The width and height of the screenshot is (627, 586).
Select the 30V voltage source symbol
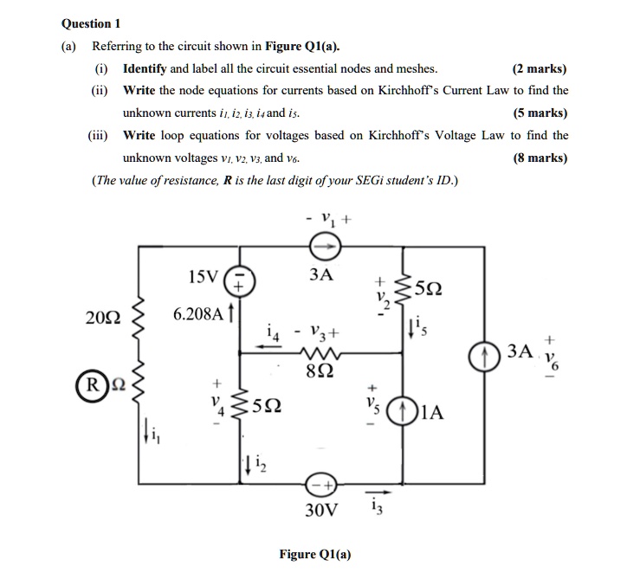[x=321, y=484]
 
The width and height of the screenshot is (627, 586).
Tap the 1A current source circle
[x=399, y=412]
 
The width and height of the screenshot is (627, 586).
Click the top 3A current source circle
[x=321, y=248]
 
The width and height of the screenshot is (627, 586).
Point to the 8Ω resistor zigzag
[x=318, y=352]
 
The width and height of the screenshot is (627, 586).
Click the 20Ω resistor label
[x=102, y=319]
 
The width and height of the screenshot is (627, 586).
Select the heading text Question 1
[x=86, y=23]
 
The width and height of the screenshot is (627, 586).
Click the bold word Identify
[x=149, y=68]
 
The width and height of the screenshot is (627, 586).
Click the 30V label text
[x=321, y=510]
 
